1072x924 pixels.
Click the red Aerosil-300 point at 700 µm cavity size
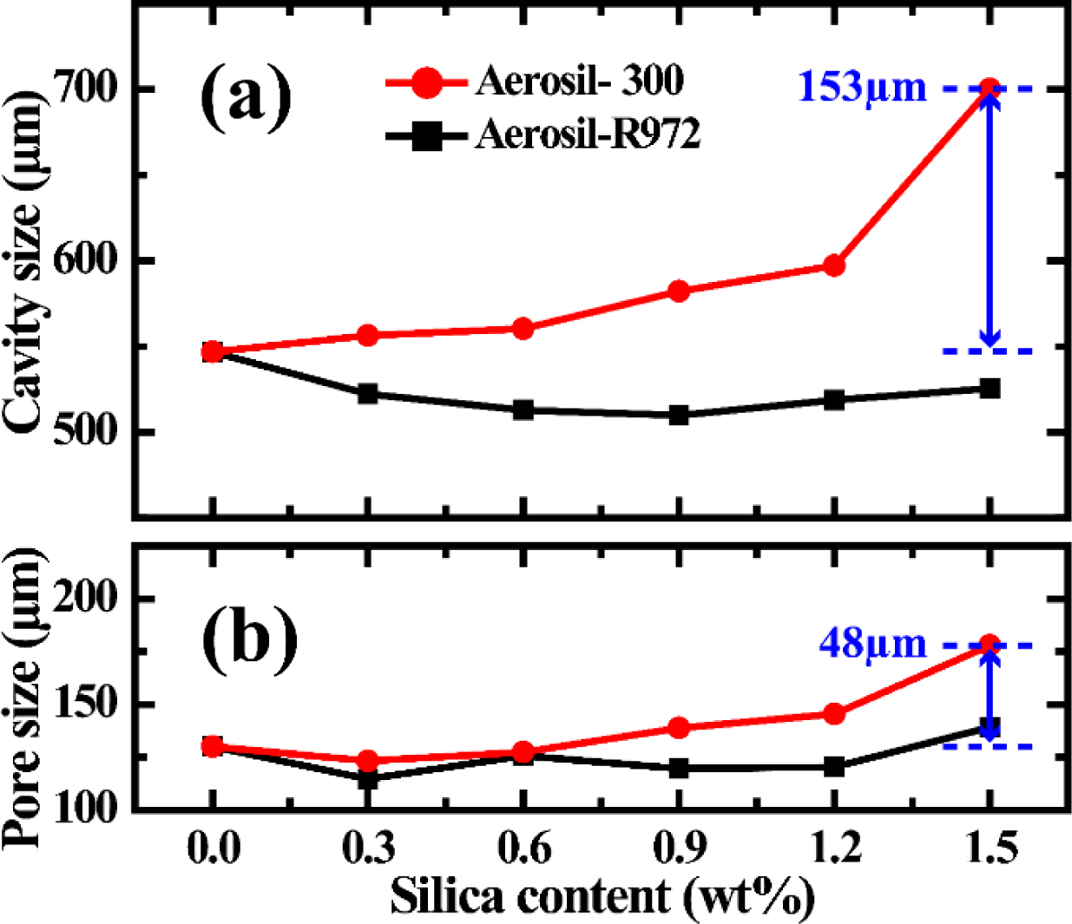(989, 88)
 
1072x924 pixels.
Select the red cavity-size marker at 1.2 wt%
(833, 265)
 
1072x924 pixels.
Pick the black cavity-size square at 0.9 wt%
(679, 415)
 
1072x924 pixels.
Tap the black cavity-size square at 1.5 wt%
(990, 389)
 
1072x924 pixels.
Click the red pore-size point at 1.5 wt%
(989, 645)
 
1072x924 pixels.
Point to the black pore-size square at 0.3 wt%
(368, 778)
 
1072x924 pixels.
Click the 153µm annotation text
(862, 88)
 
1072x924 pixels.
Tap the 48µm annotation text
(872, 644)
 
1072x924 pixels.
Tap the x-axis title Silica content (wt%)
(602, 896)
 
